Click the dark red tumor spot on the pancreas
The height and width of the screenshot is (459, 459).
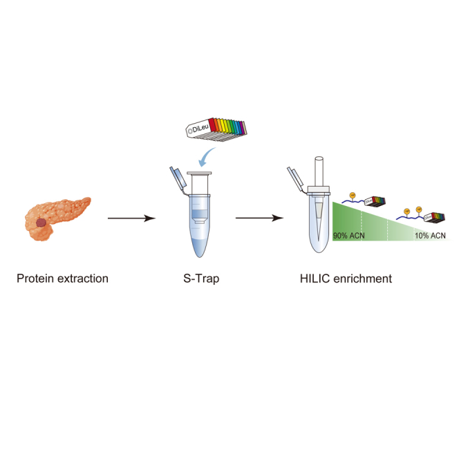click(43, 223)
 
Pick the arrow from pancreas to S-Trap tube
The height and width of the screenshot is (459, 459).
click(131, 218)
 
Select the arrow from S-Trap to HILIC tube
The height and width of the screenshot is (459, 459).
click(259, 218)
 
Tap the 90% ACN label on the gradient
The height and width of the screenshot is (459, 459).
click(349, 236)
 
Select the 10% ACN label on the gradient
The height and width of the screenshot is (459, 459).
click(430, 236)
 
